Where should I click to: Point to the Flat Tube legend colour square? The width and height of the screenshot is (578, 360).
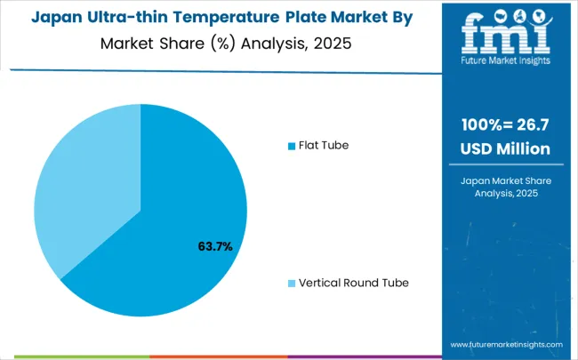pos(291,145)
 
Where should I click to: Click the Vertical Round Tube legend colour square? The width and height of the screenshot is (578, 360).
pos(291,283)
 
